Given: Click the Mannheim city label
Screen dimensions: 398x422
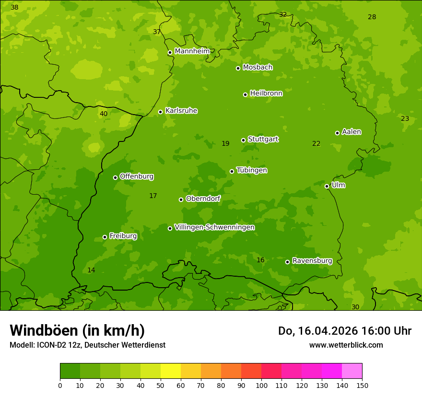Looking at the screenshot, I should tap(192, 51).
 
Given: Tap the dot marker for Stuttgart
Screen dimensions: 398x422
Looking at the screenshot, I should tap(243, 140).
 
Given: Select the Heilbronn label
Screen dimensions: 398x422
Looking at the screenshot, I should tap(266, 93).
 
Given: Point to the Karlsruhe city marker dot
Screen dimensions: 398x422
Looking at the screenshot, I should tap(160, 112).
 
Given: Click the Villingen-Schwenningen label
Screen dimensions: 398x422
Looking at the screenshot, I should tap(214, 227).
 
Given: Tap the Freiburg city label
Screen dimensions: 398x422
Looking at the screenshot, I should tap(123, 236).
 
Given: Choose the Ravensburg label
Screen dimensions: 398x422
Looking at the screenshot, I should tap(312, 261).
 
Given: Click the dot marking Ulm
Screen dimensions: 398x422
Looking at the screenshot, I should tap(327, 186).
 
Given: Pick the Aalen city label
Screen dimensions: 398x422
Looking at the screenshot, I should tap(351, 132).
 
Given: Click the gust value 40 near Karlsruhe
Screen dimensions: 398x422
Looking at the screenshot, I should tap(104, 114).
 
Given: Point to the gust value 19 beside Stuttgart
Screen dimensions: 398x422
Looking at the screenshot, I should tap(225, 143).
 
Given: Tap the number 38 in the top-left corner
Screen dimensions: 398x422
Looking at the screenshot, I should tap(14, 7).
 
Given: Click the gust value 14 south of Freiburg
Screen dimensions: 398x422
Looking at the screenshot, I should tap(91, 270).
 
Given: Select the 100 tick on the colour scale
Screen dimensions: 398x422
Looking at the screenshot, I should tap(261, 385).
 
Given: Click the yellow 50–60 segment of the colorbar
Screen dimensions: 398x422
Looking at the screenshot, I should tap(171, 371).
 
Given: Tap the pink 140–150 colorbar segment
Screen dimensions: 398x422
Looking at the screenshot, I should tap(352, 371).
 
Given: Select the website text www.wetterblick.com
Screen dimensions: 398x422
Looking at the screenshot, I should tap(346, 345).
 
